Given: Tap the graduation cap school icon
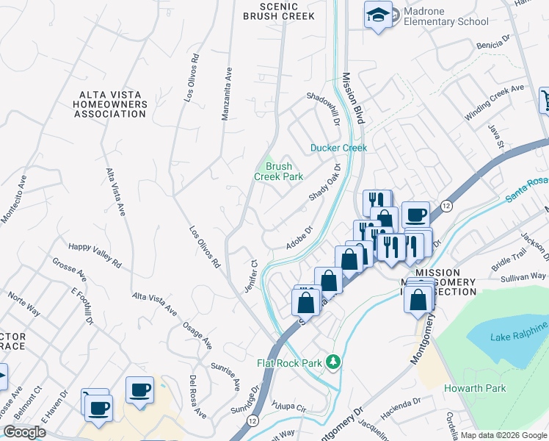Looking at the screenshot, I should click(x=378, y=15).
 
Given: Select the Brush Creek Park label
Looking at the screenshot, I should click(x=278, y=171).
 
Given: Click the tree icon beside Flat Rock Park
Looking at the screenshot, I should click(x=333, y=362).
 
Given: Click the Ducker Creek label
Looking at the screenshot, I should click(x=338, y=148).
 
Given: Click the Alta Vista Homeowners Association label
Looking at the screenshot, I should click(x=114, y=104).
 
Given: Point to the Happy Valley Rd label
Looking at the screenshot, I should click(x=95, y=255).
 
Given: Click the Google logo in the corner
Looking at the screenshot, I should click(x=24, y=432).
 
